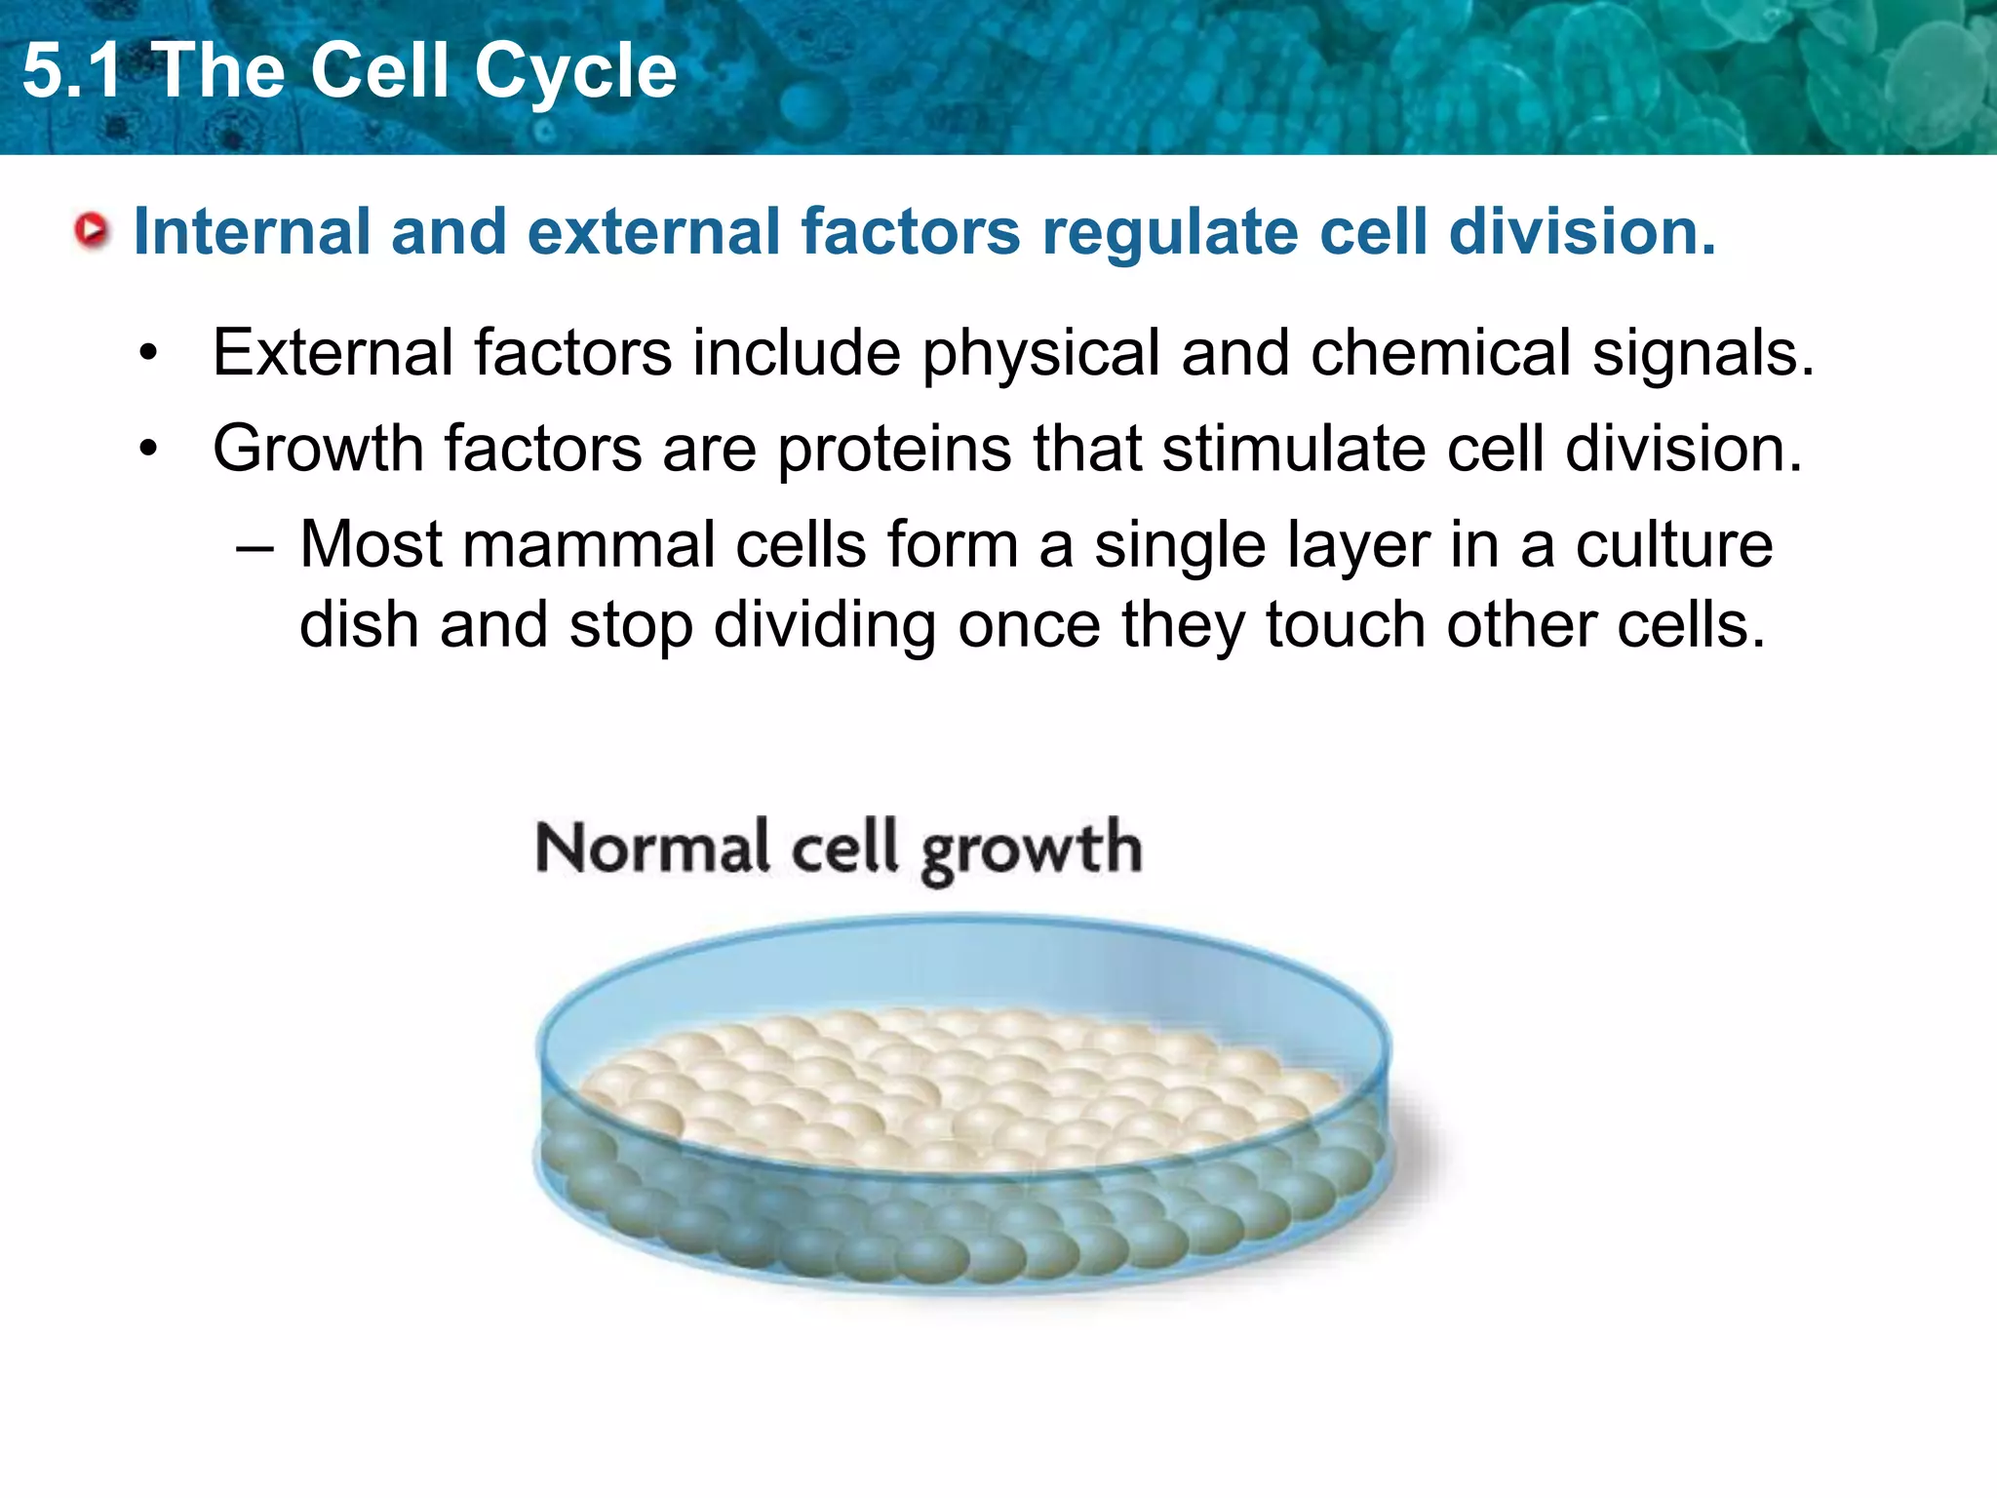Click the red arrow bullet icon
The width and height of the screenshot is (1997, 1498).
pyautogui.click(x=92, y=231)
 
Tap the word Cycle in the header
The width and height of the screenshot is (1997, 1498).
pyautogui.click(x=575, y=71)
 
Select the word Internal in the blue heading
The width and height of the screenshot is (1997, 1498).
pyautogui.click(x=252, y=232)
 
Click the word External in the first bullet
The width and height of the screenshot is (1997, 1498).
pyautogui.click(x=333, y=352)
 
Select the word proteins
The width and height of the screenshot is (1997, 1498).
pyautogui.click(x=894, y=450)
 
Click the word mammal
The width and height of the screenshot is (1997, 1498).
pyautogui.click(x=588, y=543)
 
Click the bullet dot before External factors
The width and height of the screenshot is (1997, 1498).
pyautogui.click(x=147, y=354)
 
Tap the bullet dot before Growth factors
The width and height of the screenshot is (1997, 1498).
pyautogui.click(x=147, y=450)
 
